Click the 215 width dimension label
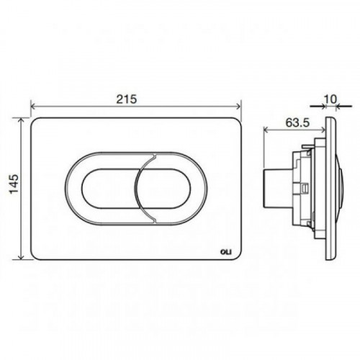tap(127, 99)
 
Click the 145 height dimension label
tap(14, 184)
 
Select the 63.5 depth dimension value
tap(297, 123)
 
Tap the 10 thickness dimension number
tap(330, 99)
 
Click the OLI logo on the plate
tap(226, 252)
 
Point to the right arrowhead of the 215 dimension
tap(238, 107)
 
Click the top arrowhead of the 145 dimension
tap(22, 121)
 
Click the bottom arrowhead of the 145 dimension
tap(22, 256)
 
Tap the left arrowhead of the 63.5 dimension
tap(266, 130)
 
